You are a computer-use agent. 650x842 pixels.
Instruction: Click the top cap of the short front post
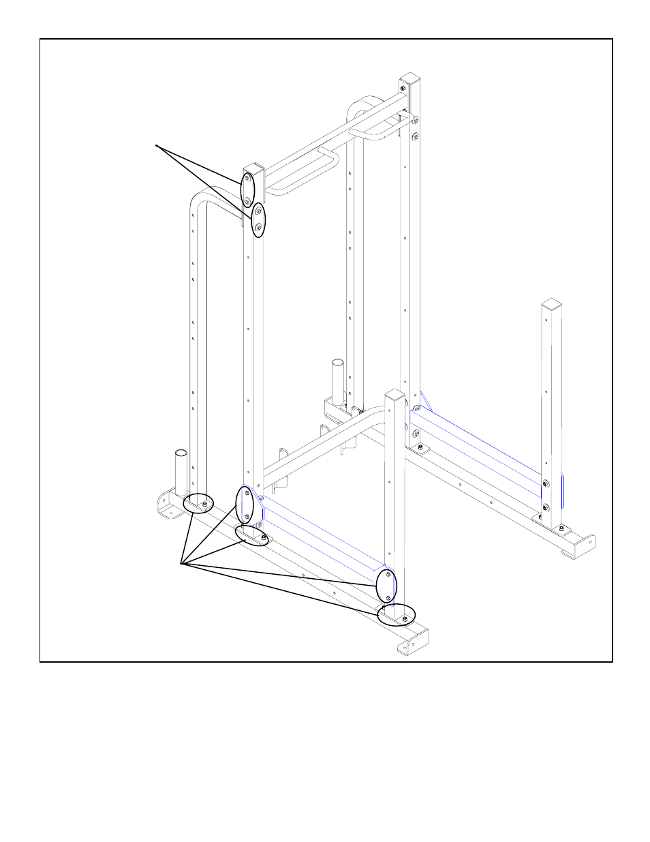395,395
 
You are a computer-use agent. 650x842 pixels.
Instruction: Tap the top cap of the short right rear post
551,303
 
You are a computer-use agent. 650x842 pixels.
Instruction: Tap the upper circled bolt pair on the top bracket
247,189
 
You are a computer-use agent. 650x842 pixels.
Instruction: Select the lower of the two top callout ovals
258,220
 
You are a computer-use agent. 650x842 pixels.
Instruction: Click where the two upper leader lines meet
157,145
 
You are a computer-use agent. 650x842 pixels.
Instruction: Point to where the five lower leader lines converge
181,563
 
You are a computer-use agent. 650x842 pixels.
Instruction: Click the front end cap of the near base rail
414,642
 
